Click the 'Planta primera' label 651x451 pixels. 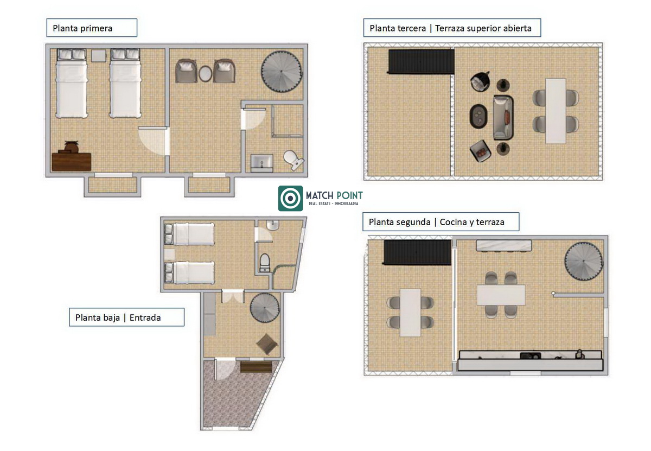(92, 28)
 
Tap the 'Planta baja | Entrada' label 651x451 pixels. (126, 317)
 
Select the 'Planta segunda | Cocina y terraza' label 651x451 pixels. (441, 222)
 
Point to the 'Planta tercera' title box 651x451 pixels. (452, 28)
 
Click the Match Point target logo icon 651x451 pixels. (290, 198)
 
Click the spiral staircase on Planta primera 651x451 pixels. (282, 72)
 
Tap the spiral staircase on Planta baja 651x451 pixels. (265, 308)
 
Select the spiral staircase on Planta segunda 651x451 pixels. (584, 261)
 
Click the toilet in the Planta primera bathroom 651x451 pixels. (293, 160)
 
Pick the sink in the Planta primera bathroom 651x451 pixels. (261, 163)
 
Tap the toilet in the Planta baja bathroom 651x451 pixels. (265, 262)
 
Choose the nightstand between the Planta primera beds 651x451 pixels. (99, 56)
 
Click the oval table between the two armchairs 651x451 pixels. (205, 74)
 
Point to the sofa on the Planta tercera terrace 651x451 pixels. (503, 118)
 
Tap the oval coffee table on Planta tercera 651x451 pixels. (478, 116)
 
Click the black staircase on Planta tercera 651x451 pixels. (421, 61)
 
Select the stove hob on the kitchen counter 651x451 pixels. (531, 355)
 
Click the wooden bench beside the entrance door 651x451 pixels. (256, 367)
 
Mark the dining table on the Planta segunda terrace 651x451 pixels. (410, 313)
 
